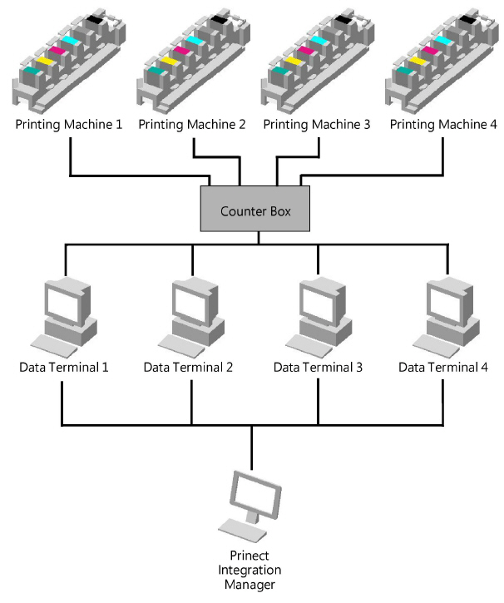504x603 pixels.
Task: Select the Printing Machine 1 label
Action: tap(69, 125)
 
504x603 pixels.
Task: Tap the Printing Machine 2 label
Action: tap(192, 125)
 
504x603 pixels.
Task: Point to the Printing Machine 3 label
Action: tap(317, 125)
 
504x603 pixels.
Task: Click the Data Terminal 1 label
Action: tap(63, 367)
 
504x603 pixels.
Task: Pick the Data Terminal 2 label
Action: tap(189, 367)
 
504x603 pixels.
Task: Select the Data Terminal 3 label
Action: tap(318, 367)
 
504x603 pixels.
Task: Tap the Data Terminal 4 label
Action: tap(443, 367)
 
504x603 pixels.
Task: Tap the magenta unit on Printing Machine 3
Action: tap(306, 52)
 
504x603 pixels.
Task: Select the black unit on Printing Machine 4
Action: tap(468, 17)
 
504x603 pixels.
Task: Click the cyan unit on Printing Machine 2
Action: tap(196, 41)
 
